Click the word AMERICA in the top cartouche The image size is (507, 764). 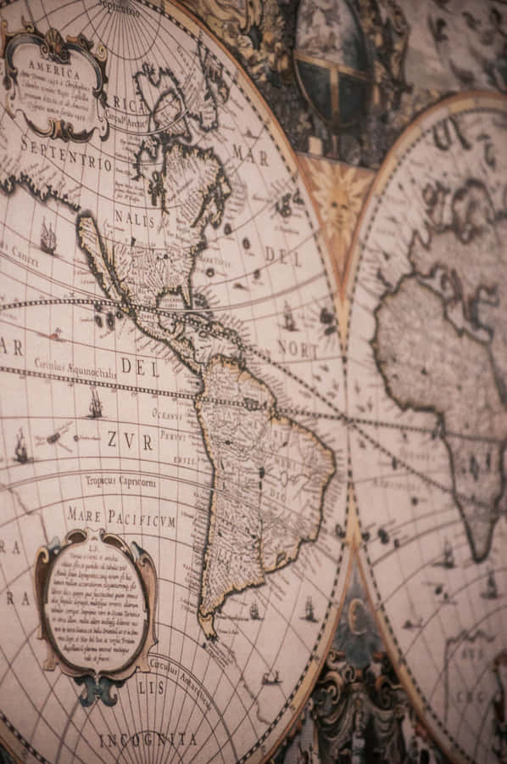coord(54,65)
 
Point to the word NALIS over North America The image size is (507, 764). coord(135,219)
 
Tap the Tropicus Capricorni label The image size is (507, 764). coord(120,481)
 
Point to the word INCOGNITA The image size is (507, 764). coord(148,740)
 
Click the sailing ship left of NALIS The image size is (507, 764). coord(48,238)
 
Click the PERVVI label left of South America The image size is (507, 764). coord(173,435)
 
